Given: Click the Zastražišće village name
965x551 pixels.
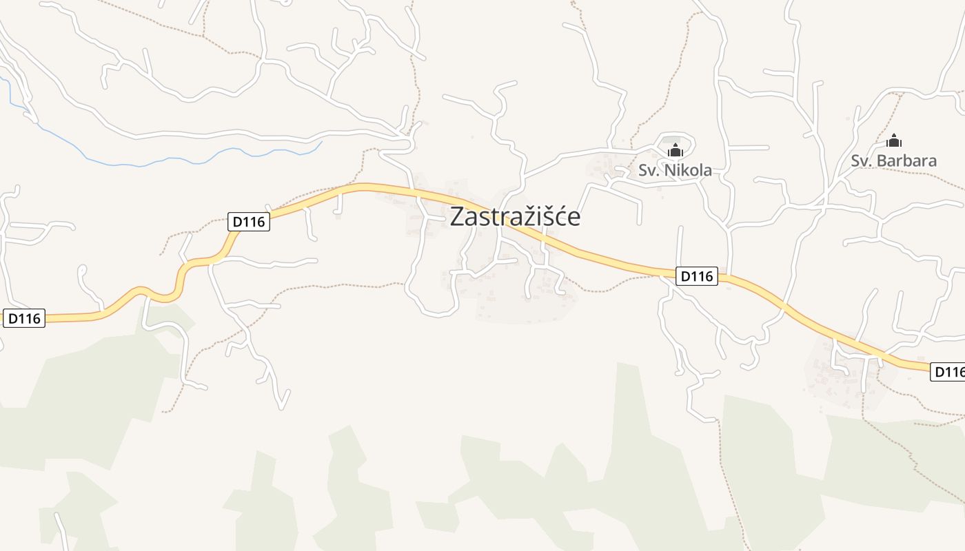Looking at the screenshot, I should [515, 217].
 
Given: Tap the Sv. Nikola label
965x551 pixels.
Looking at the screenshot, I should [675, 170].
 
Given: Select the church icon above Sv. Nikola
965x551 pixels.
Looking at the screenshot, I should [675, 149].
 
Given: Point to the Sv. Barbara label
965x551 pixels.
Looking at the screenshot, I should [893, 161].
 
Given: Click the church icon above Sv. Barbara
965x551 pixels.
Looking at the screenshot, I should [894, 141].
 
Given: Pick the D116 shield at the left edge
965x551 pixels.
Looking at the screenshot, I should [24, 318].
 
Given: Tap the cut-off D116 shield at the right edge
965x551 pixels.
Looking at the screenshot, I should [948, 372].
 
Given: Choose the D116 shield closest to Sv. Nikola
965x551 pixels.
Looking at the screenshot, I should [696, 276].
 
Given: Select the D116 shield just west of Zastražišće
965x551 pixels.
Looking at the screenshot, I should [249, 222].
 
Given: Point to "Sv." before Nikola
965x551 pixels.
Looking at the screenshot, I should [647, 170].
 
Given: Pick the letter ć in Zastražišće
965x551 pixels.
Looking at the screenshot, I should [557, 217].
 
